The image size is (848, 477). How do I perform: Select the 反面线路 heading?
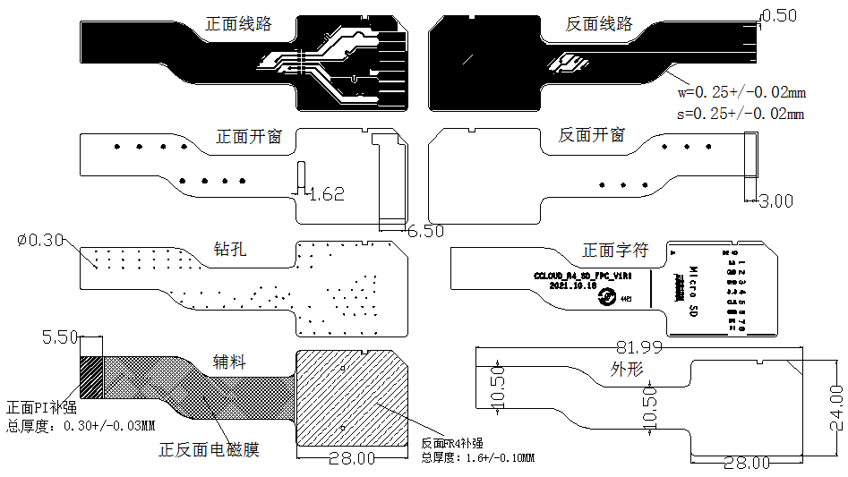(x=599, y=24)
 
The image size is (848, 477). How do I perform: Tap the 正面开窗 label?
(x=250, y=137)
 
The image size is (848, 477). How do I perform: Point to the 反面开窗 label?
(x=592, y=135)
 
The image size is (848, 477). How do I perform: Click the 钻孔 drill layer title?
(x=230, y=249)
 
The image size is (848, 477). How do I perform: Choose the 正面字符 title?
(x=615, y=250)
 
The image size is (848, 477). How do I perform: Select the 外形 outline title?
(x=627, y=369)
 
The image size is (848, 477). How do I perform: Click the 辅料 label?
(x=229, y=362)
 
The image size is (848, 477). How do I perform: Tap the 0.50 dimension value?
(x=777, y=15)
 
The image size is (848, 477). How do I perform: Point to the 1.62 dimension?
(x=326, y=193)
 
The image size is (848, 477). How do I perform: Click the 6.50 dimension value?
(x=425, y=230)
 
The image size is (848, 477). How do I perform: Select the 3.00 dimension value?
(x=775, y=201)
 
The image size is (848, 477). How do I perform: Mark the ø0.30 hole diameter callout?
(x=40, y=240)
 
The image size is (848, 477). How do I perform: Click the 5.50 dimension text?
(x=59, y=337)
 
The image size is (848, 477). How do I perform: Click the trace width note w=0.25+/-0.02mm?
(x=741, y=92)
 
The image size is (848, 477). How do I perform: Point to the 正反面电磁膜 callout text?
(x=209, y=449)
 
